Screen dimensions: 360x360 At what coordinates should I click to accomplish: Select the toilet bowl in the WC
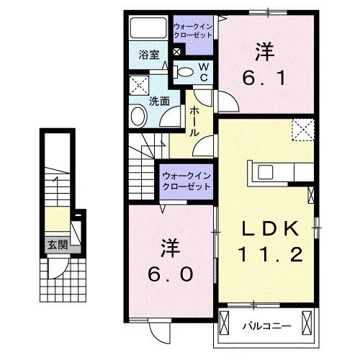(184, 71)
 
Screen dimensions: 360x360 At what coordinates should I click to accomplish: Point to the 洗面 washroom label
(159, 102)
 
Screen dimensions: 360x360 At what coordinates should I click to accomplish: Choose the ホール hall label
(194, 122)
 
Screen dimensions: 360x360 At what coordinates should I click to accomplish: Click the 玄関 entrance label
(58, 245)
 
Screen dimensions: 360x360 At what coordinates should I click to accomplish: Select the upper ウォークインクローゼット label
(192, 31)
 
